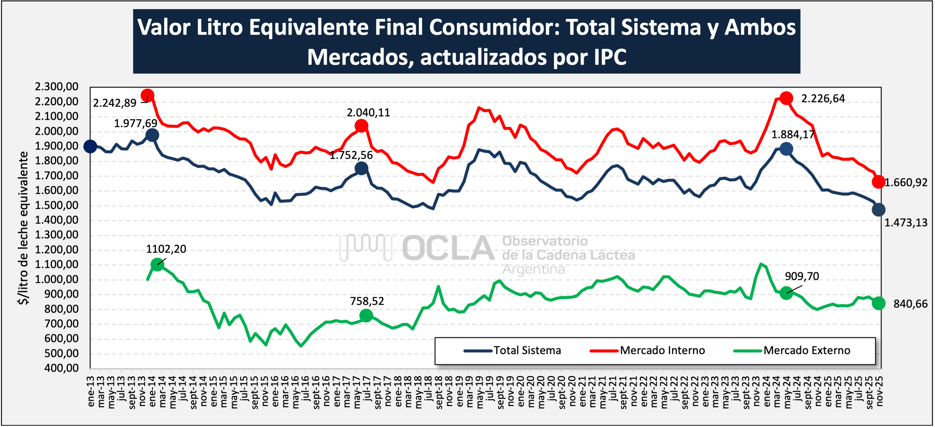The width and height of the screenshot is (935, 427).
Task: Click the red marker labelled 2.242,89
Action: [147, 96]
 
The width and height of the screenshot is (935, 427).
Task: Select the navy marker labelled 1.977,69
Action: [152, 135]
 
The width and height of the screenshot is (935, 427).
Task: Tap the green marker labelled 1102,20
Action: [157, 264]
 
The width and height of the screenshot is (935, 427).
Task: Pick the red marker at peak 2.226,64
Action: [786, 98]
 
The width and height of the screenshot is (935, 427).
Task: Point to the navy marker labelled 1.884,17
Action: [786, 149]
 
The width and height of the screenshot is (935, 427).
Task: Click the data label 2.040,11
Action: [368, 113]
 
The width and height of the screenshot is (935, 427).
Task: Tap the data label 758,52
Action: [367, 301]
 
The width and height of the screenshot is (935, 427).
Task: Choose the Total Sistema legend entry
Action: [513, 350]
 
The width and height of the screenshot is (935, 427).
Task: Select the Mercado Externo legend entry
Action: [792, 350]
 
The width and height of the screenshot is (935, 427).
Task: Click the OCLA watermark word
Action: [448, 248]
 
